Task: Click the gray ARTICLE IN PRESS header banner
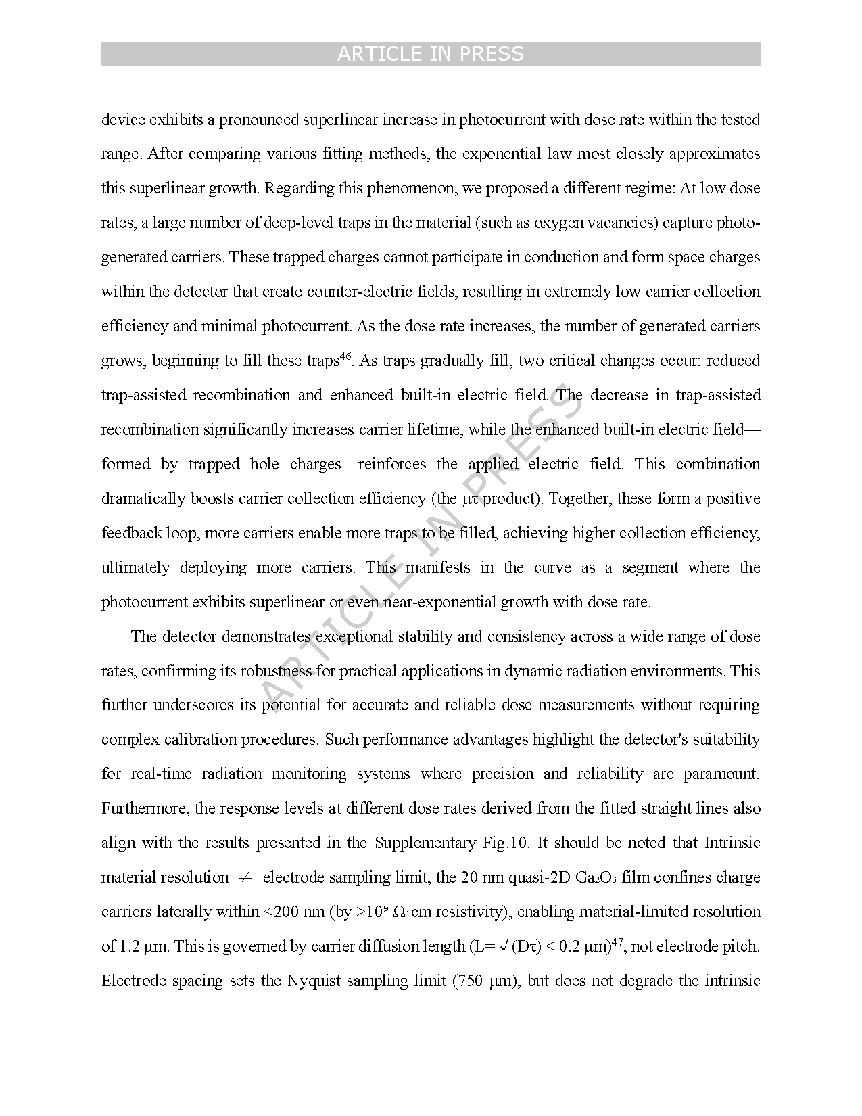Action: [x=430, y=53]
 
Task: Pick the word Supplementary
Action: [x=425, y=843]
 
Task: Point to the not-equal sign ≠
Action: [x=245, y=877]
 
